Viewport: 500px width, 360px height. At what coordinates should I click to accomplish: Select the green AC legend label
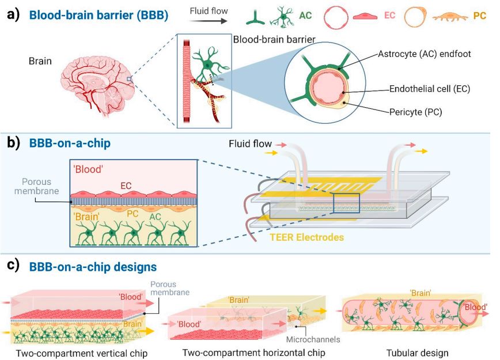click(x=305, y=16)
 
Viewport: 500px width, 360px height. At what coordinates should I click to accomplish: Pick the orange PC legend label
click(x=479, y=16)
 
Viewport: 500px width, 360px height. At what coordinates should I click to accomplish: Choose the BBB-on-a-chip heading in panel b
click(x=68, y=143)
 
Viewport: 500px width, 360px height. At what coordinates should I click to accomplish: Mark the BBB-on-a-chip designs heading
click(x=89, y=267)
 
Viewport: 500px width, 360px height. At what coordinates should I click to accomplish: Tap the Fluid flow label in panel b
click(x=251, y=143)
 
